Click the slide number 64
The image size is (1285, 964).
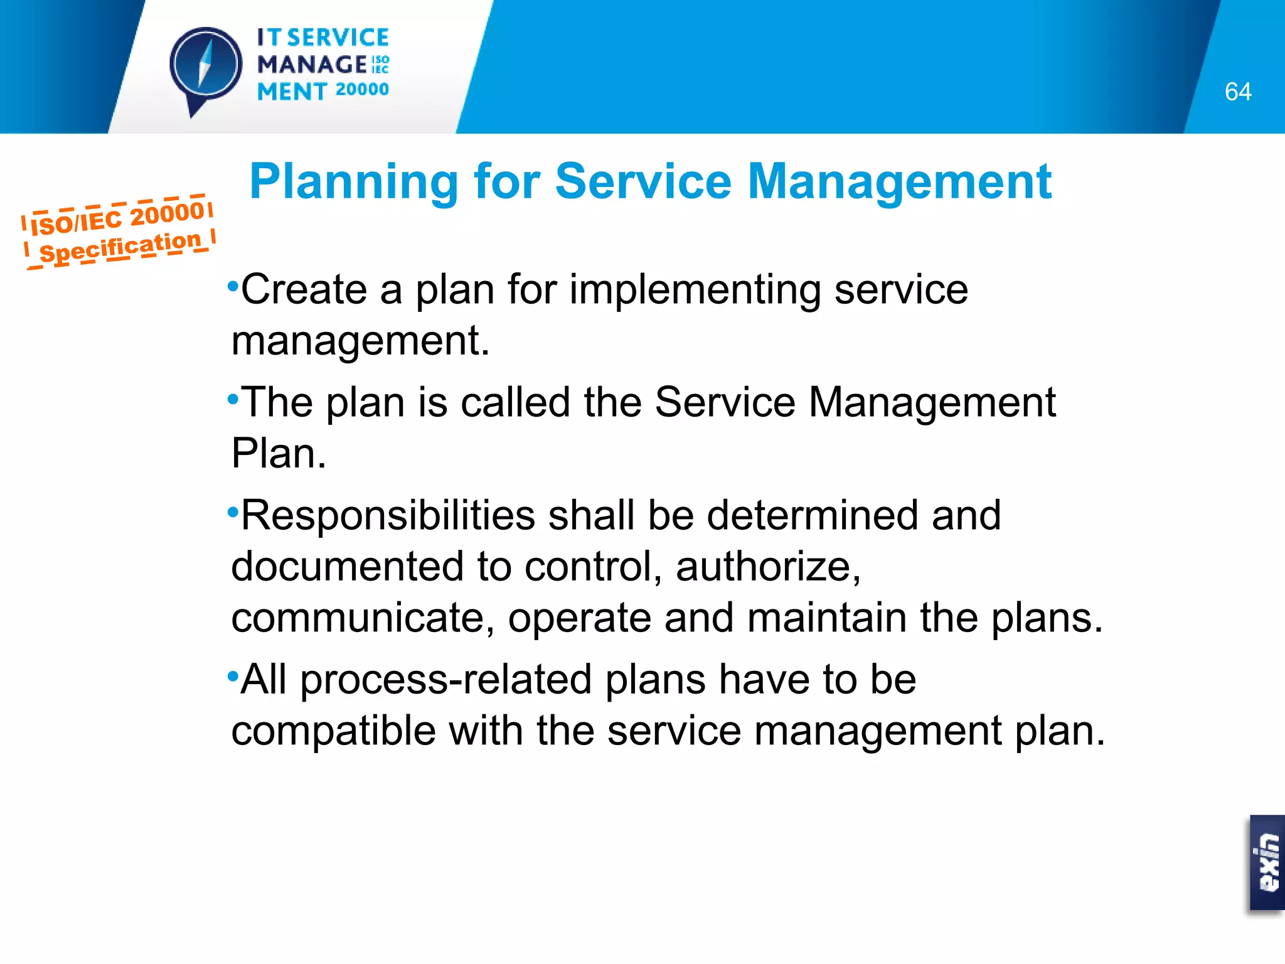click(x=1237, y=92)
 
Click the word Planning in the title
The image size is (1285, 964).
click(x=354, y=182)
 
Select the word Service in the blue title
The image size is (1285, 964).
click(x=644, y=182)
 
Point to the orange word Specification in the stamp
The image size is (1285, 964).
click(x=120, y=247)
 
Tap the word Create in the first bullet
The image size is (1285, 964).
click(x=304, y=290)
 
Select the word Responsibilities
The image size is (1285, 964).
click(x=388, y=516)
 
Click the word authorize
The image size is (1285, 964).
click(x=768, y=567)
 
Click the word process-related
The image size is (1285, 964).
click(x=445, y=680)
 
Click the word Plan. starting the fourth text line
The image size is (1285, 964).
click(x=279, y=453)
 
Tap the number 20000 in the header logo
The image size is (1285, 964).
click(x=362, y=90)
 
